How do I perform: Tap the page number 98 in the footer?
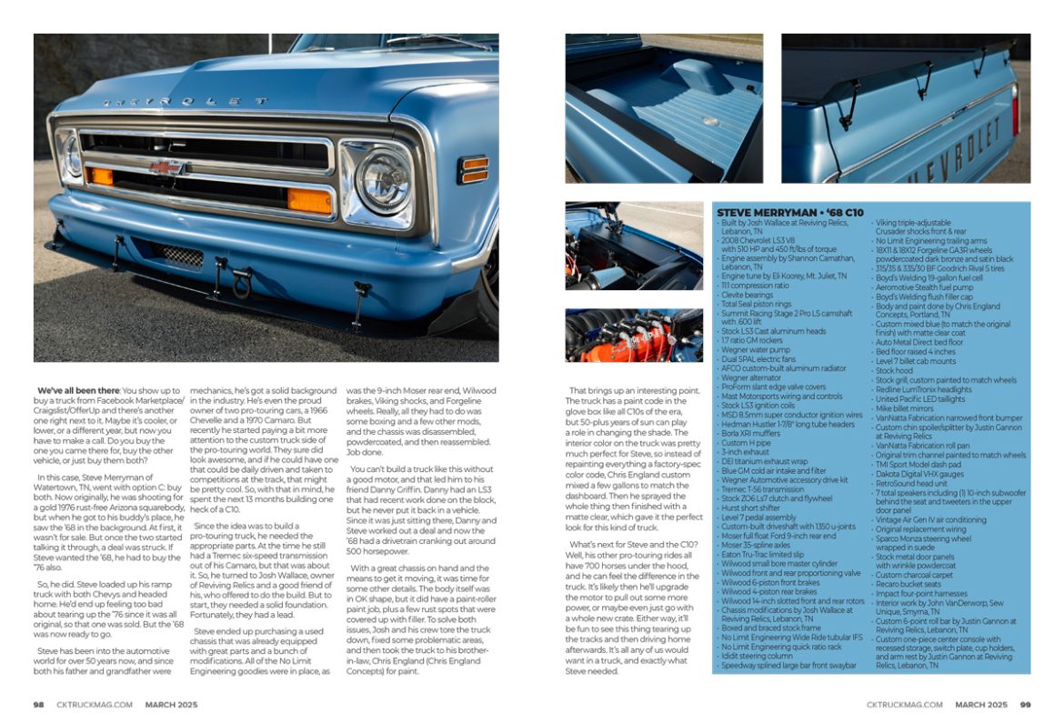click(39, 704)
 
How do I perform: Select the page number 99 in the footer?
click(1025, 704)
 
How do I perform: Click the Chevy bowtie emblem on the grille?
click(165, 167)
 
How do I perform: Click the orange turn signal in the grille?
click(310, 200)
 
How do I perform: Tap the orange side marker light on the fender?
click(474, 168)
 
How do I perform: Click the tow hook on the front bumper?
click(241, 283)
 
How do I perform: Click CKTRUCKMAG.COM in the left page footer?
click(94, 704)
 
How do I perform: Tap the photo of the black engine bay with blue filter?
click(633, 246)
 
